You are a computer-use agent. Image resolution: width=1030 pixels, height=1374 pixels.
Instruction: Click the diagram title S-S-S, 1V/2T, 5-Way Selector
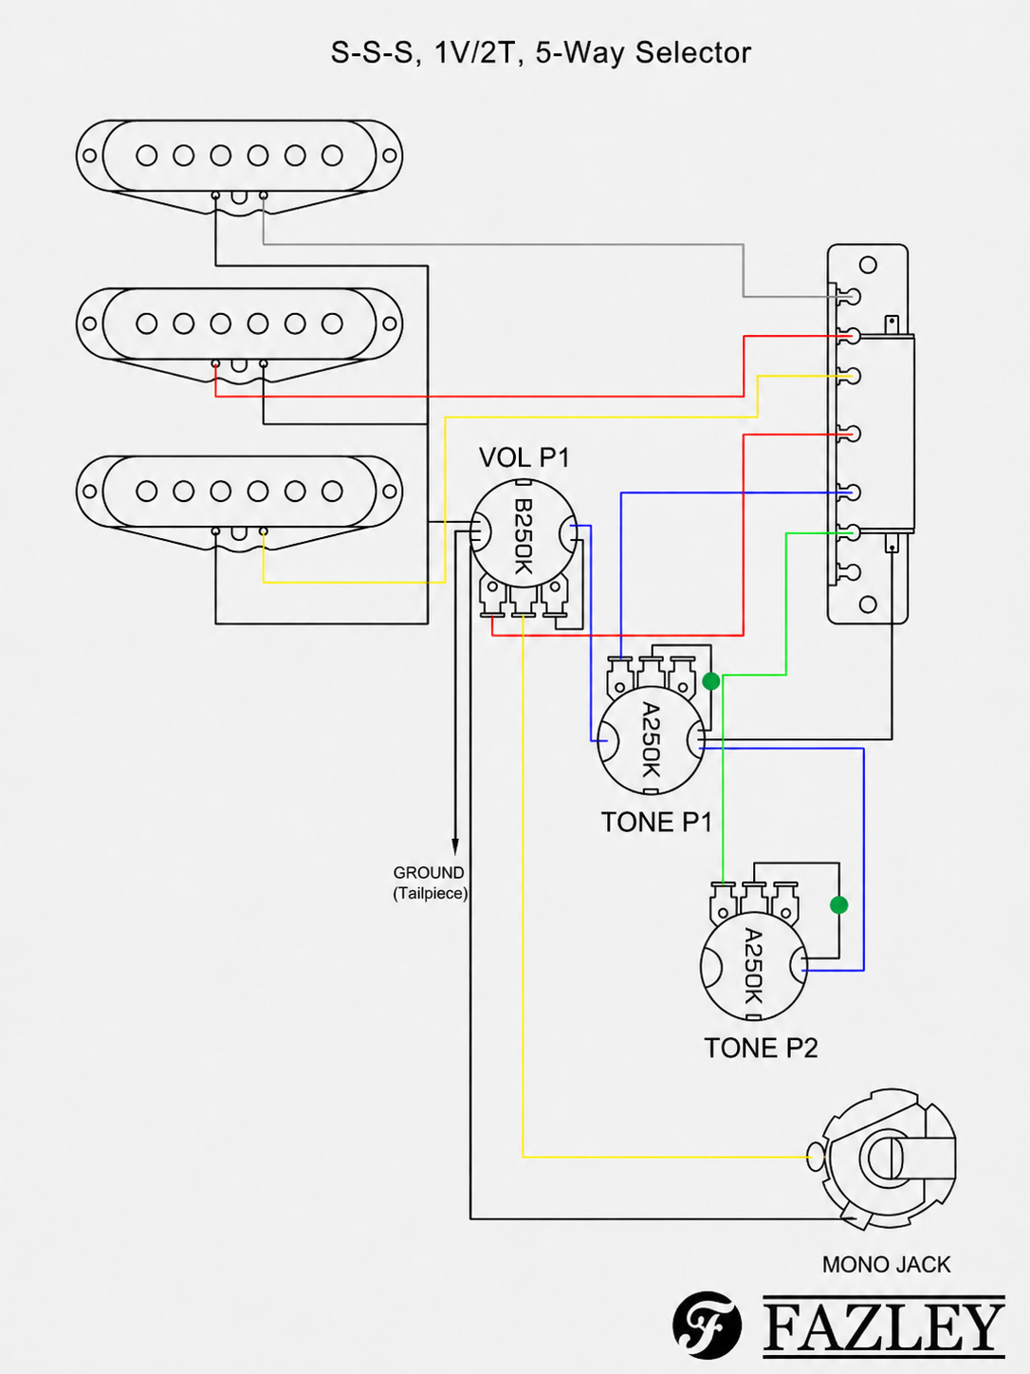541,53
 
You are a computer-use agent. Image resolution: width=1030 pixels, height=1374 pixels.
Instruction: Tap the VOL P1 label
524,457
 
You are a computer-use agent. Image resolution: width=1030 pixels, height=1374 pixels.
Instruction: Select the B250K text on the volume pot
523,536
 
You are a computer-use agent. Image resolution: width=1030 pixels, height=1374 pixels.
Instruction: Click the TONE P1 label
656,822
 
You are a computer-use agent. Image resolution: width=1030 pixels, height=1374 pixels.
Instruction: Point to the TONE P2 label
761,1048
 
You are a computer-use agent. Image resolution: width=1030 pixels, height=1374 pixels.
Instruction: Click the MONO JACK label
886,1265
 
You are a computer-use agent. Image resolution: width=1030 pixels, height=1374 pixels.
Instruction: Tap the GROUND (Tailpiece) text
430,882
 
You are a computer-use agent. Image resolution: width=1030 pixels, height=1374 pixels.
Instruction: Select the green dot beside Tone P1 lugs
711,681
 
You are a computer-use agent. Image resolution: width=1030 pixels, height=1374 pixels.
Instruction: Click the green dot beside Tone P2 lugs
838,904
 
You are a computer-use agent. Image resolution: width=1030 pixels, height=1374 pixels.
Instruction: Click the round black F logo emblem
708,1326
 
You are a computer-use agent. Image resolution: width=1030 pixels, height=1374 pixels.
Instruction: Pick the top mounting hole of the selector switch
868,265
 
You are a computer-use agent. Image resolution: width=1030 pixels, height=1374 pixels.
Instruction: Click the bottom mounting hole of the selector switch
868,604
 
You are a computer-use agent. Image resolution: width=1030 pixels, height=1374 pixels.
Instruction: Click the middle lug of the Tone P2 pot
754,900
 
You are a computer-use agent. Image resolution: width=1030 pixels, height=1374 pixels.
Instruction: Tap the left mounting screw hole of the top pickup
89,156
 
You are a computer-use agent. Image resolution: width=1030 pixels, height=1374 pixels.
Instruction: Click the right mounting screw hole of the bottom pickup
389,492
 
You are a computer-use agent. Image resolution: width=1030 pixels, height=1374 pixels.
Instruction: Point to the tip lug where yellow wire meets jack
816,1157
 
